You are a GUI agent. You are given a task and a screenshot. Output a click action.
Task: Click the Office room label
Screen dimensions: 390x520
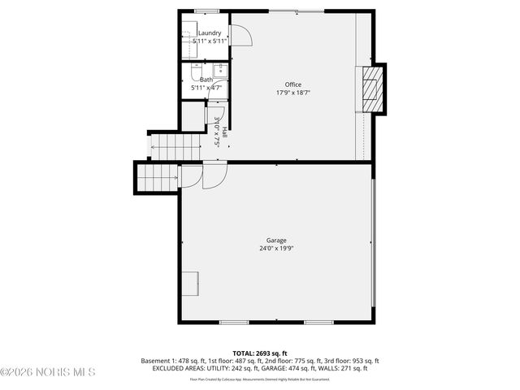pos(292,84)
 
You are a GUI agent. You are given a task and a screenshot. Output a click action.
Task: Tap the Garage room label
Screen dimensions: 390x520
pos(276,240)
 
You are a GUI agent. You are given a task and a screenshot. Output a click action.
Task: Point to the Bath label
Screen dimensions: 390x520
pos(206,80)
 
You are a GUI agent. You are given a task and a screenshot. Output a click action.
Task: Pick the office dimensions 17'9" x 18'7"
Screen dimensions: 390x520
pos(292,93)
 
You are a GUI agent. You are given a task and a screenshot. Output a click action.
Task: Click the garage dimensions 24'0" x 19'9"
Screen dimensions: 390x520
pos(276,249)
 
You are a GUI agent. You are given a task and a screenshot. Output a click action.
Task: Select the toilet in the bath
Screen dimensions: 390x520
pos(197,70)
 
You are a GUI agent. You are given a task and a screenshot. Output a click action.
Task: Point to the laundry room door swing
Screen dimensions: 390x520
pos(241,35)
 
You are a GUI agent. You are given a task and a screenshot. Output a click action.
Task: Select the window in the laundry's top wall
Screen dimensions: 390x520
pos(206,11)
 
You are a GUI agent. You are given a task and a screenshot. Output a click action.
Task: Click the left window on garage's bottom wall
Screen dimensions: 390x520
pos(234,323)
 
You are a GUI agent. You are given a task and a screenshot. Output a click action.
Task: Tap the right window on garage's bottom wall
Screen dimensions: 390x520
pos(318,323)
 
